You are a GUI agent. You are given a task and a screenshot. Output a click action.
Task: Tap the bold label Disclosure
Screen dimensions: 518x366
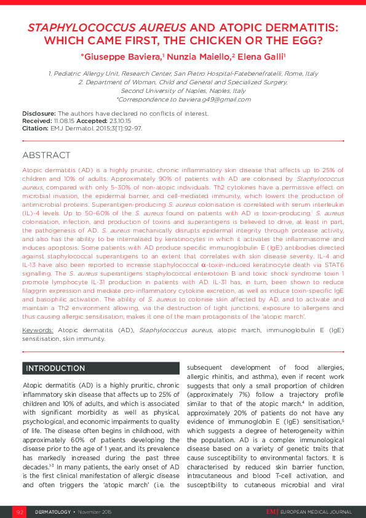point(39,113)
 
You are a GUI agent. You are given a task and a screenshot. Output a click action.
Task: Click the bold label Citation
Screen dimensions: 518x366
point(35,128)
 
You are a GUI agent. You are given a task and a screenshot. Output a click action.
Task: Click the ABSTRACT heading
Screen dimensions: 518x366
point(46,156)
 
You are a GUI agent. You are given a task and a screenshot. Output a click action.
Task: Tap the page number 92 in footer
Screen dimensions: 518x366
point(20,511)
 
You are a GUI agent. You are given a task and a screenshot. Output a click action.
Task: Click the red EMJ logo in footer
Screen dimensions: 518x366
point(272,511)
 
